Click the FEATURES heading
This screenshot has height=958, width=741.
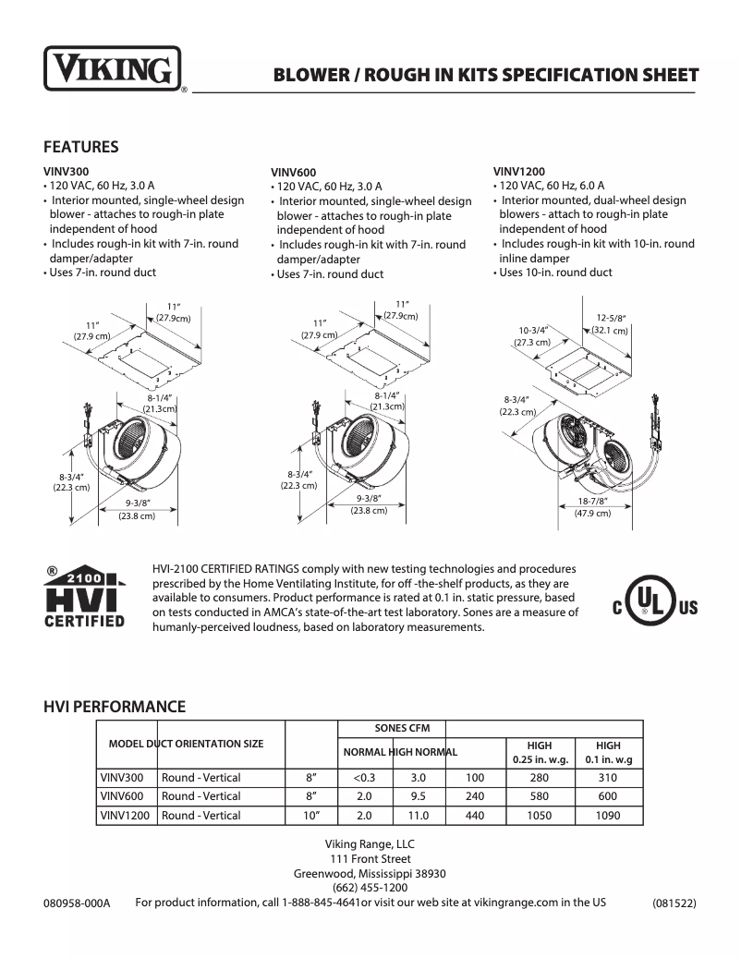(x=80, y=147)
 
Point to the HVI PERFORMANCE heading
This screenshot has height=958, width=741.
(x=115, y=707)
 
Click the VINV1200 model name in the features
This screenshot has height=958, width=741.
(x=518, y=171)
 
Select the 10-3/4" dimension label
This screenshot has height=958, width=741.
(x=532, y=330)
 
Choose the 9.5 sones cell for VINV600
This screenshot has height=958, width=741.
(x=419, y=796)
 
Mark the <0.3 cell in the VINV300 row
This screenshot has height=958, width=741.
(x=363, y=778)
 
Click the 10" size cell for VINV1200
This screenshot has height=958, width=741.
(x=311, y=816)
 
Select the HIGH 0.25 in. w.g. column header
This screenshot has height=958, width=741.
(x=539, y=753)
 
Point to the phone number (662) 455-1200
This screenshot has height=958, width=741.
(x=370, y=888)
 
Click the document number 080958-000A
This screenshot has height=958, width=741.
(x=77, y=903)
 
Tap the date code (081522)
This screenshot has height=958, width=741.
(x=674, y=903)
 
